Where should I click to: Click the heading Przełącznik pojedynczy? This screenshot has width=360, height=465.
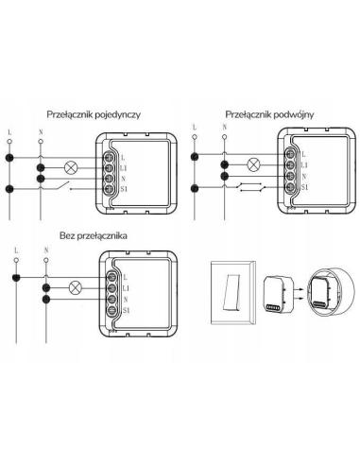(94, 114)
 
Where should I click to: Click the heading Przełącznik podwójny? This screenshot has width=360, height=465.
(269, 114)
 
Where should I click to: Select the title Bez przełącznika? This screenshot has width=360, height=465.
(94, 235)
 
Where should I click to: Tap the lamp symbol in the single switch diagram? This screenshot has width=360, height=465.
(71, 168)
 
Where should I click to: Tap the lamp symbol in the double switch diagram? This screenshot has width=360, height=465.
(253, 164)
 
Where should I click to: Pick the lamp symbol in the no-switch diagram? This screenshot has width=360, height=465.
(76, 288)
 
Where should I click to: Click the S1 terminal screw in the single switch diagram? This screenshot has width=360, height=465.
(109, 189)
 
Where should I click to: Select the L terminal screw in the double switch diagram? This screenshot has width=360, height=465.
(290, 154)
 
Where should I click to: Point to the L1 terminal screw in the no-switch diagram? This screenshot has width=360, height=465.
(111, 288)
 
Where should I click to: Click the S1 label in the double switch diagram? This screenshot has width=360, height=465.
(304, 187)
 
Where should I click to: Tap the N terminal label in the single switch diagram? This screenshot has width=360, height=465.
(123, 179)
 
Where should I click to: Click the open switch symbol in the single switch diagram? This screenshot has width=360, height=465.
(63, 186)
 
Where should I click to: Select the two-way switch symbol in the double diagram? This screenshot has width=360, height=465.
(251, 187)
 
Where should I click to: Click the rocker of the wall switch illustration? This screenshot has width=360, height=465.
(231, 291)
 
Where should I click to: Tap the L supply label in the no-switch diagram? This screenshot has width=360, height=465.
(16, 250)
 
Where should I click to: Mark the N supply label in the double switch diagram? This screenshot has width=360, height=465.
(224, 127)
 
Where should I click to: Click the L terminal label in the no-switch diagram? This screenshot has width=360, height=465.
(126, 277)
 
